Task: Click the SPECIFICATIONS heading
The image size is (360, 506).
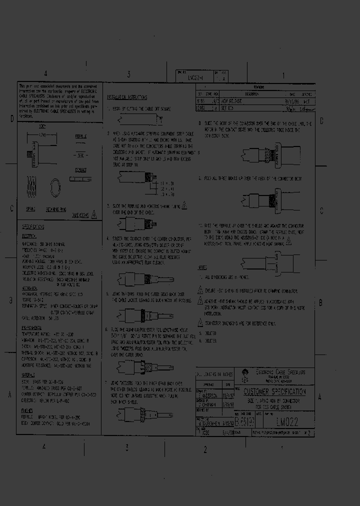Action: tap(33, 226)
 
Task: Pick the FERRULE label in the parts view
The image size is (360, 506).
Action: tap(80, 135)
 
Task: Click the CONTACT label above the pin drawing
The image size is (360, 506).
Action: tap(80, 170)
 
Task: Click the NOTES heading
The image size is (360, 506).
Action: tap(202, 268)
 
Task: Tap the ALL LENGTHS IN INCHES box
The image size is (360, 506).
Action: tap(215, 374)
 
